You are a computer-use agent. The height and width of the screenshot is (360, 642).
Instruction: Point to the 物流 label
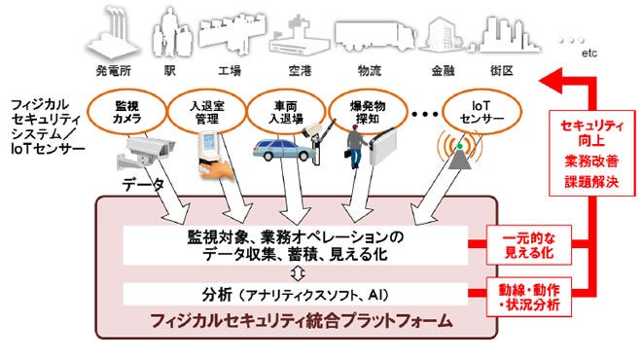pyautogui.click(x=369, y=71)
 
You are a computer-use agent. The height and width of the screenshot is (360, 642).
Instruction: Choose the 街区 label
pyautogui.click(x=502, y=71)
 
